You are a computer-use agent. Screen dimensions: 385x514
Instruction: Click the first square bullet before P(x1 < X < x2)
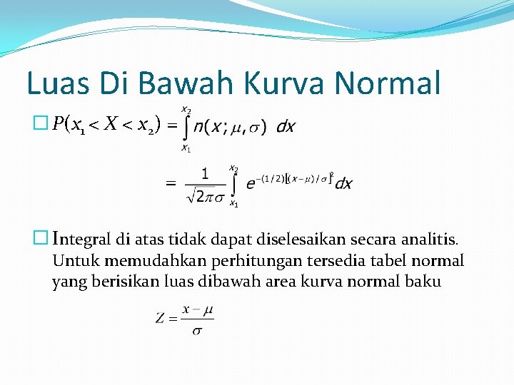(x=40, y=125)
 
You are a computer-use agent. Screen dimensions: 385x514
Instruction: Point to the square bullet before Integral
(x=40, y=236)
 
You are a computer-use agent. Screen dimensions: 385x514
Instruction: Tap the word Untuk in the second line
(x=73, y=261)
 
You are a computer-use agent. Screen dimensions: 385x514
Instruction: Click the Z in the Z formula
(x=161, y=317)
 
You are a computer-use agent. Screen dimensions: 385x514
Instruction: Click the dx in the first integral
(x=286, y=127)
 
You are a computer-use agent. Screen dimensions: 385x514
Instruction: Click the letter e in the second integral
(x=251, y=183)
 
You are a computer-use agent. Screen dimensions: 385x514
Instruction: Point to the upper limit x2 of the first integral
(x=186, y=110)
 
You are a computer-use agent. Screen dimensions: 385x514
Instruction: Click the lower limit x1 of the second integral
(x=233, y=203)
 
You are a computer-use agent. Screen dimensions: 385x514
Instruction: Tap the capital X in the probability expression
(x=111, y=125)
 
